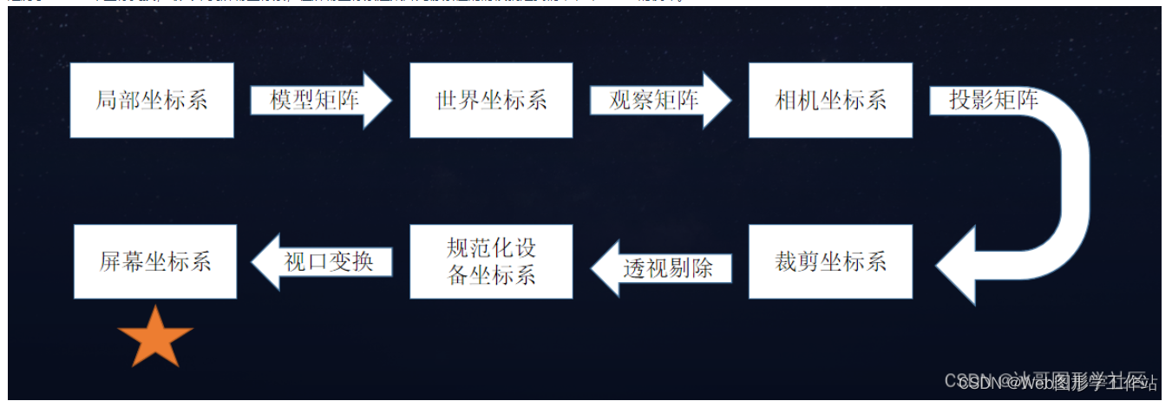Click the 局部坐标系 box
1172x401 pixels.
pyautogui.click(x=152, y=100)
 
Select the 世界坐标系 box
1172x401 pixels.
pyautogui.click(x=491, y=100)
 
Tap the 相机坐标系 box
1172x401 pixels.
pyautogui.click(x=830, y=100)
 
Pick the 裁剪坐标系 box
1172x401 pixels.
pyautogui.click(x=830, y=261)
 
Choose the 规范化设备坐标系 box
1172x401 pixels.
pyautogui.click(x=491, y=261)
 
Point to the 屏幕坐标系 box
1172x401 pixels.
pyautogui.click(x=155, y=261)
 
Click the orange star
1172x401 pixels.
pyautogui.click(x=155, y=337)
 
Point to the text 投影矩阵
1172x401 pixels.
pyautogui.click(x=993, y=101)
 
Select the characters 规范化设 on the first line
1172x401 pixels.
pyautogui.click(x=491, y=248)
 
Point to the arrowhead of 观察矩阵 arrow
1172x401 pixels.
pyautogui.click(x=717, y=101)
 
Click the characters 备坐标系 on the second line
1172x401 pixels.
pyautogui.click(x=491, y=276)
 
